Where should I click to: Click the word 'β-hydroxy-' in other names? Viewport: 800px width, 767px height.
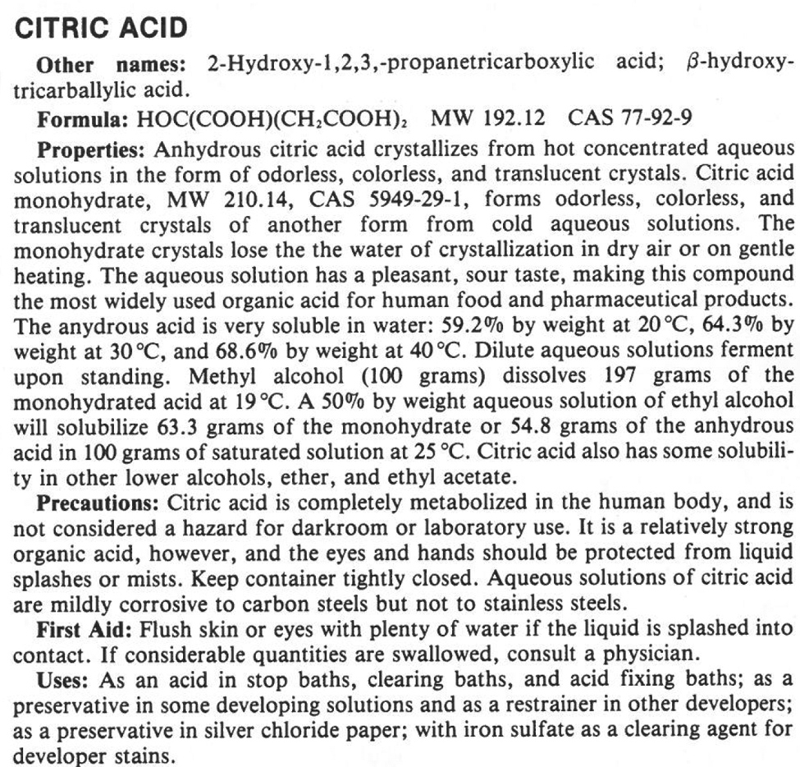(x=734, y=65)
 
